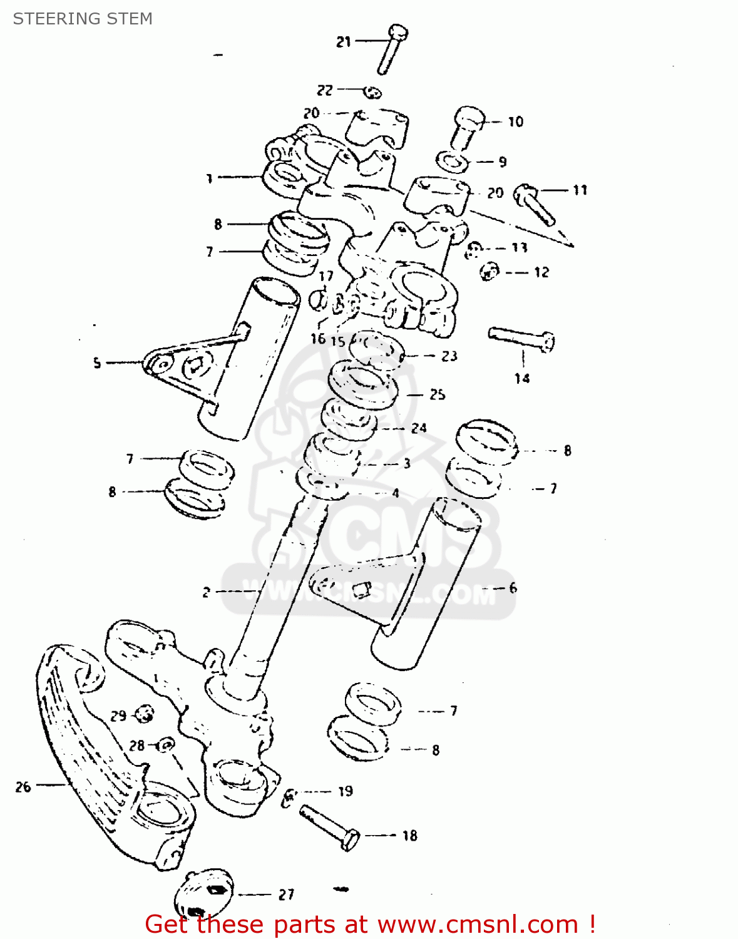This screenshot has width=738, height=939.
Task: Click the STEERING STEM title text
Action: [83, 19]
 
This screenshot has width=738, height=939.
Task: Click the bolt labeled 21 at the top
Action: [392, 49]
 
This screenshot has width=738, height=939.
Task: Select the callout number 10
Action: [515, 121]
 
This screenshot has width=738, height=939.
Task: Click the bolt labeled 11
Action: [534, 204]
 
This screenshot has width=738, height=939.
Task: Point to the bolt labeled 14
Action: [521, 339]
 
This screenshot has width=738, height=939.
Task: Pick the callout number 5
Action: [97, 362]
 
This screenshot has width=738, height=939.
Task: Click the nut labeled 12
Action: [489, 272]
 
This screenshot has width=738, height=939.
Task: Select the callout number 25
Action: [437, 394]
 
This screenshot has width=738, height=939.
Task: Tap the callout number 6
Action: [513, 587]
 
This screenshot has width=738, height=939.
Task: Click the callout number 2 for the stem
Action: [206, 592]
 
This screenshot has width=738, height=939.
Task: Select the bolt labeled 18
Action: [328, 828]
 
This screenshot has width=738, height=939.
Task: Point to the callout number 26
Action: [23, 787]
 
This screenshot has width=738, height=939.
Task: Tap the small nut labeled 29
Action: [145, 713]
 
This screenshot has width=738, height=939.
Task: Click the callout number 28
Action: [137, 746]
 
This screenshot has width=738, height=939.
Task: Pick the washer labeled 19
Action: [290, 796]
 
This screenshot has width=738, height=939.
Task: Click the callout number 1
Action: [210, 178]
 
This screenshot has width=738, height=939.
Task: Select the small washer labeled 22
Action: [373, 93]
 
